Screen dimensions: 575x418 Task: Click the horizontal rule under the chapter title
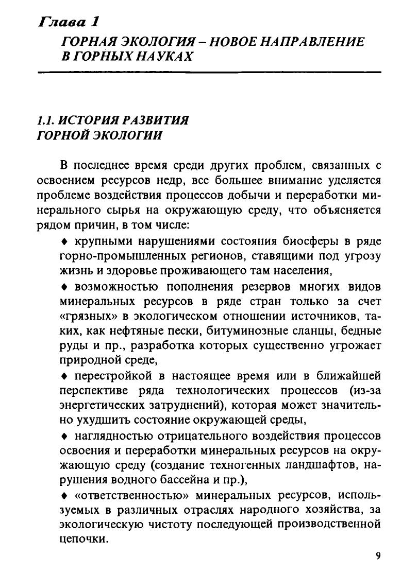click(x=209, y=72)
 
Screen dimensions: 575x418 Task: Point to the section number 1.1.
click(x=45, y=120)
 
